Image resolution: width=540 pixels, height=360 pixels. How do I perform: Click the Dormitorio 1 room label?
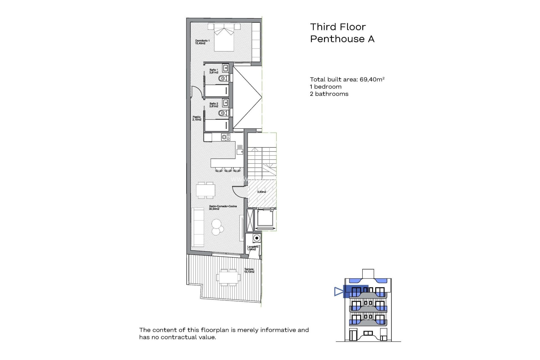click(202, 42)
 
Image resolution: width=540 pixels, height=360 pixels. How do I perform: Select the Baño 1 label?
click(213, 71)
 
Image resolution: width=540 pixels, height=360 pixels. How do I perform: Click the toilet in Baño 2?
click(223, 113)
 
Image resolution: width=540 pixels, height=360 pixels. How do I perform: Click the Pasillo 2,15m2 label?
click(197, 118)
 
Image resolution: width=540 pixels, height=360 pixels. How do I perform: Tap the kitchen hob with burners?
click(226, 137)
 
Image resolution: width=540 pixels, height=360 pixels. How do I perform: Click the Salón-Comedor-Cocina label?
click(223, 208)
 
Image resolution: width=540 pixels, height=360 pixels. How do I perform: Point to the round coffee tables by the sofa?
click(217, 227)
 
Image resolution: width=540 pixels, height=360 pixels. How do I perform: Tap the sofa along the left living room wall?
click(198, 227)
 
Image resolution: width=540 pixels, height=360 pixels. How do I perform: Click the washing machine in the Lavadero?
click(256, 238)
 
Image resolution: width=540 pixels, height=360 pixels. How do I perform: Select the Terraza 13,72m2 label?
click(249, 271)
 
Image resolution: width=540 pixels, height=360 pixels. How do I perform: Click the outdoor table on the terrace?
click(228, 278)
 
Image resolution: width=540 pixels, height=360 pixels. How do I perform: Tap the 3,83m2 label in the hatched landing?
click(262, 192)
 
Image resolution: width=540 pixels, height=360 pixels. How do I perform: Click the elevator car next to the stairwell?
click(265, 219)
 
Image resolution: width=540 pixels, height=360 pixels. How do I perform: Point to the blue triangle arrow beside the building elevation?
click(338, 291)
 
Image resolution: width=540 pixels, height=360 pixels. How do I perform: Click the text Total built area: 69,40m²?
click(347, 80)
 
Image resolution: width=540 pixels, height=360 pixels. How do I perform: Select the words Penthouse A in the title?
click(342, 39)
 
